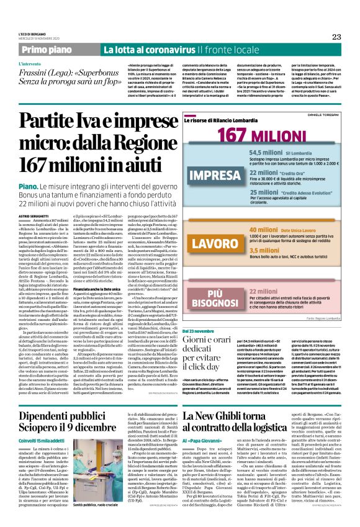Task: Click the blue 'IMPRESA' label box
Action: tap(214, 176)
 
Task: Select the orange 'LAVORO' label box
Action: tap(214, 244)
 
